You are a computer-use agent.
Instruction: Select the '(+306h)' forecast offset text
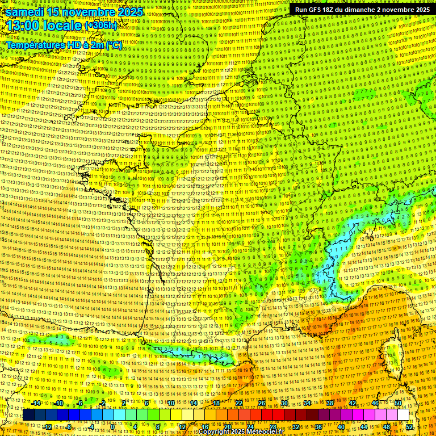click(100, 26)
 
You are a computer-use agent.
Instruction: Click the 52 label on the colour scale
click(410, 426)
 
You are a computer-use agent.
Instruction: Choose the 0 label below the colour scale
click(113, 426)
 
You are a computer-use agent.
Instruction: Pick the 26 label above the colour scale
click(262, 403)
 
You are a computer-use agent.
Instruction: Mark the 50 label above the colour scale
click(398, 403)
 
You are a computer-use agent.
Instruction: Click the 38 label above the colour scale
click(330, 403)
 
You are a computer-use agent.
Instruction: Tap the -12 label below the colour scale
click(48, 426)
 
